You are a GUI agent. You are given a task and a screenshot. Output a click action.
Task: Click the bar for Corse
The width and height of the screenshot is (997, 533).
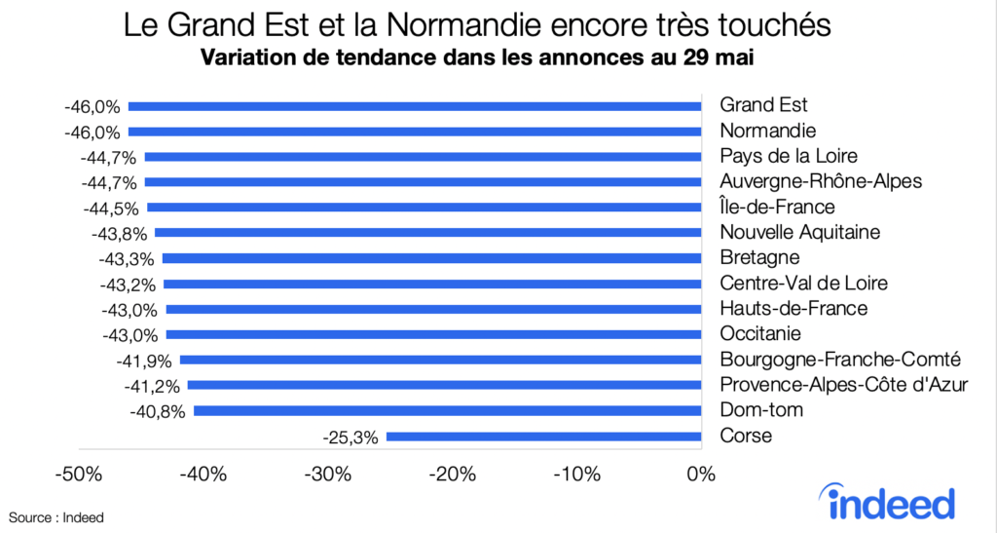(543, 436)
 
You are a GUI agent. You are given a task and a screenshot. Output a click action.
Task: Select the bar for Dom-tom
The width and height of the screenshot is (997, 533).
(448, 410)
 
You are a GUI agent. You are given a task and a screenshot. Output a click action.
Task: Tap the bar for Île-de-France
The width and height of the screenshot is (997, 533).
(424, 207)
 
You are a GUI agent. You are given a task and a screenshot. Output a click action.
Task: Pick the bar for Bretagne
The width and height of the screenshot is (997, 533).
(431, 258)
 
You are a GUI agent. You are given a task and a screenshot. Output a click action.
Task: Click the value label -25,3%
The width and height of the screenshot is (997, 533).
(350, 437)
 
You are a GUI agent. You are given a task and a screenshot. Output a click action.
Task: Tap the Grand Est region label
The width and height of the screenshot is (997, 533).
(763, 105)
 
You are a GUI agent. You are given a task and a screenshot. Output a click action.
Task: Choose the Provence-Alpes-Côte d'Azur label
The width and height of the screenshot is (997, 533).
(843, 384)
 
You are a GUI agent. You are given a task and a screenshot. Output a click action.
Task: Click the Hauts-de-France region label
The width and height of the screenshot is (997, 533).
(793, 308)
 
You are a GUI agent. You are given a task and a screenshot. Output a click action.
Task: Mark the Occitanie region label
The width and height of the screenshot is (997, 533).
(761, 333)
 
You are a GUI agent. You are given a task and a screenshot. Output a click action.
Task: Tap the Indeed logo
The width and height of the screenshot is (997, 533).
(891, 502)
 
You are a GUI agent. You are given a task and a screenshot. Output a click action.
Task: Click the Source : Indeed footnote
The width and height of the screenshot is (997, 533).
(56, 517)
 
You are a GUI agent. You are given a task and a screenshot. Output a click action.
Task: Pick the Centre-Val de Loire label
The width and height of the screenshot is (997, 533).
(803, 283)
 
